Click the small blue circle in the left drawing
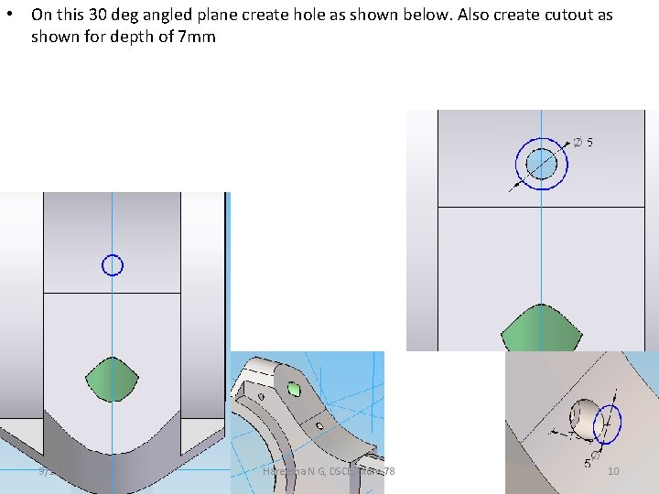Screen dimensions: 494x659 tap(112, 265)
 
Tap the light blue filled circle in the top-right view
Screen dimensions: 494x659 tap(542, 164)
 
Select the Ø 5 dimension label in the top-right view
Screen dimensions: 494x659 tap(584, 142)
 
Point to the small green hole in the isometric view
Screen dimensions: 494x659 tap(295, 389)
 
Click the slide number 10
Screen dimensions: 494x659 tap(613, 471)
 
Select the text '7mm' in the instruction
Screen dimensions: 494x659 tap(198, 38)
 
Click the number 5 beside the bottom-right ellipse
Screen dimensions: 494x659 tap(587, 464)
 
